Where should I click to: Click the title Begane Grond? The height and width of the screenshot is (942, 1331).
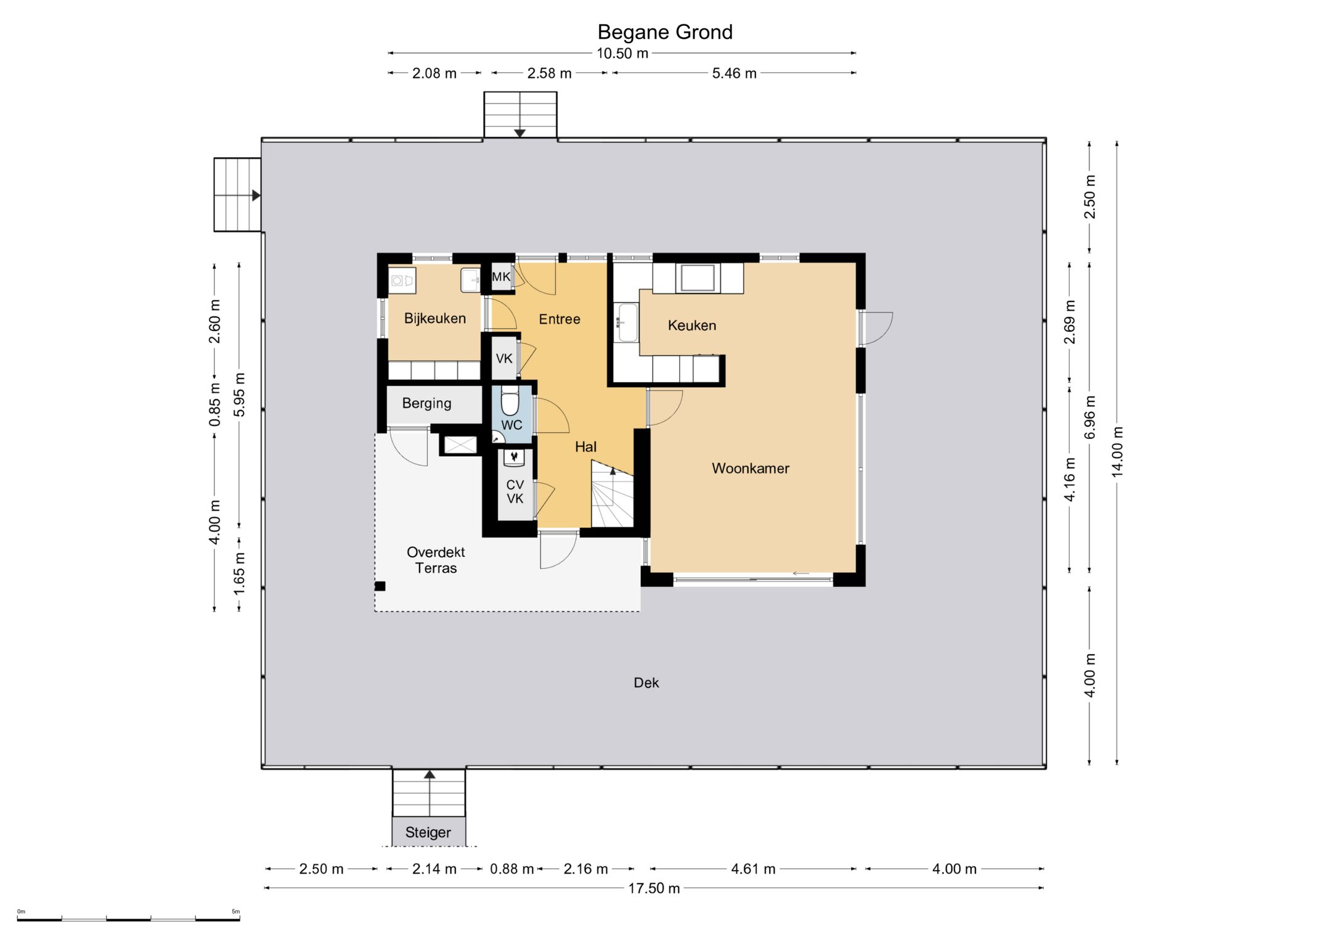point(665,32)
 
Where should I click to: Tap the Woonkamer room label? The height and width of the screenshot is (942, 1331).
point(750,469)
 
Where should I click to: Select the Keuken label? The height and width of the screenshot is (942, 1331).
point(691,326)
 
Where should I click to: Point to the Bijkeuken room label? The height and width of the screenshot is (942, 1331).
point(434,319)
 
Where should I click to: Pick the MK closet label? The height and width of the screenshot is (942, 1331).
point(501,277)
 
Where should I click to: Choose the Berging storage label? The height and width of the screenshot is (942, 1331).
point(426,403)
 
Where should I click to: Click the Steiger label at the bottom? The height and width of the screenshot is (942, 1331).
point(428,833)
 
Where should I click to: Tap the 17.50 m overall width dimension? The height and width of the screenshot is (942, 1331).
point(654,888)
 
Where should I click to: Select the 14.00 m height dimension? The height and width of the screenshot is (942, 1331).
point(1117,452)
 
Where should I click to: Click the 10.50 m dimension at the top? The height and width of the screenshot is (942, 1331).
point(622,54)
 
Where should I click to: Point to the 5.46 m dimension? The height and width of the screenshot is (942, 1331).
point(734,73)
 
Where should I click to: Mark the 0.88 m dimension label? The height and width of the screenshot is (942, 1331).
point(511,869)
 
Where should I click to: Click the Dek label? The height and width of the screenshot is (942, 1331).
point(646,682)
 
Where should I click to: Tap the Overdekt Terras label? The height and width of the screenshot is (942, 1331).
point(436,560)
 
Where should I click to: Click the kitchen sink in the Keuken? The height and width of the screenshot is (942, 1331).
point(628,322)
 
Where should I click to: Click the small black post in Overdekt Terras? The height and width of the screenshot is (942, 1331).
point(380,586)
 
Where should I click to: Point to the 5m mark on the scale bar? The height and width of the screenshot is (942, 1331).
point(235,911)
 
